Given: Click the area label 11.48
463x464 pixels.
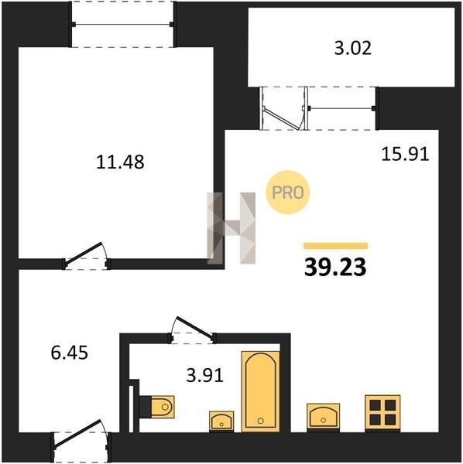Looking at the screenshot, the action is pos(120,162).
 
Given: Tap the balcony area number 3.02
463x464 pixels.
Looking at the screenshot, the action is pos(352,48).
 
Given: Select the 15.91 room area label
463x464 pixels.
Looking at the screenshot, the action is pos(405,154).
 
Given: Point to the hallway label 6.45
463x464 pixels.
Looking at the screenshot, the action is pos(70,353).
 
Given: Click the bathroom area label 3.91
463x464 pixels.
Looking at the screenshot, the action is pos(204,376).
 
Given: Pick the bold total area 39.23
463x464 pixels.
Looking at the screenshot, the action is pos(335,267).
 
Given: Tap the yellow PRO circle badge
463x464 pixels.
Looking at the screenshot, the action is pos(288,193).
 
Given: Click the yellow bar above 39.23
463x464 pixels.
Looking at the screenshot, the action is pos(335,246).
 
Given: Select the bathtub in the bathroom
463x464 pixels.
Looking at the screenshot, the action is pos(261,391).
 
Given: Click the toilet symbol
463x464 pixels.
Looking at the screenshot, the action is pos(157,407).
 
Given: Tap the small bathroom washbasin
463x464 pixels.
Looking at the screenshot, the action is pos(221,421).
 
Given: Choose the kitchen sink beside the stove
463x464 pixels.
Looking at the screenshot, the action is pos(323,416).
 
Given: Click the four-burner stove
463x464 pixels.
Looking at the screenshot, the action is pos(382,412).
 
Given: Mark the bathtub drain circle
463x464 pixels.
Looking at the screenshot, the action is pos(261,421).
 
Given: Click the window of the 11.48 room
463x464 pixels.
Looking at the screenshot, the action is pos(122,24).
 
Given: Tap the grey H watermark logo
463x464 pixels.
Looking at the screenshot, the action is pos(231,228).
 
